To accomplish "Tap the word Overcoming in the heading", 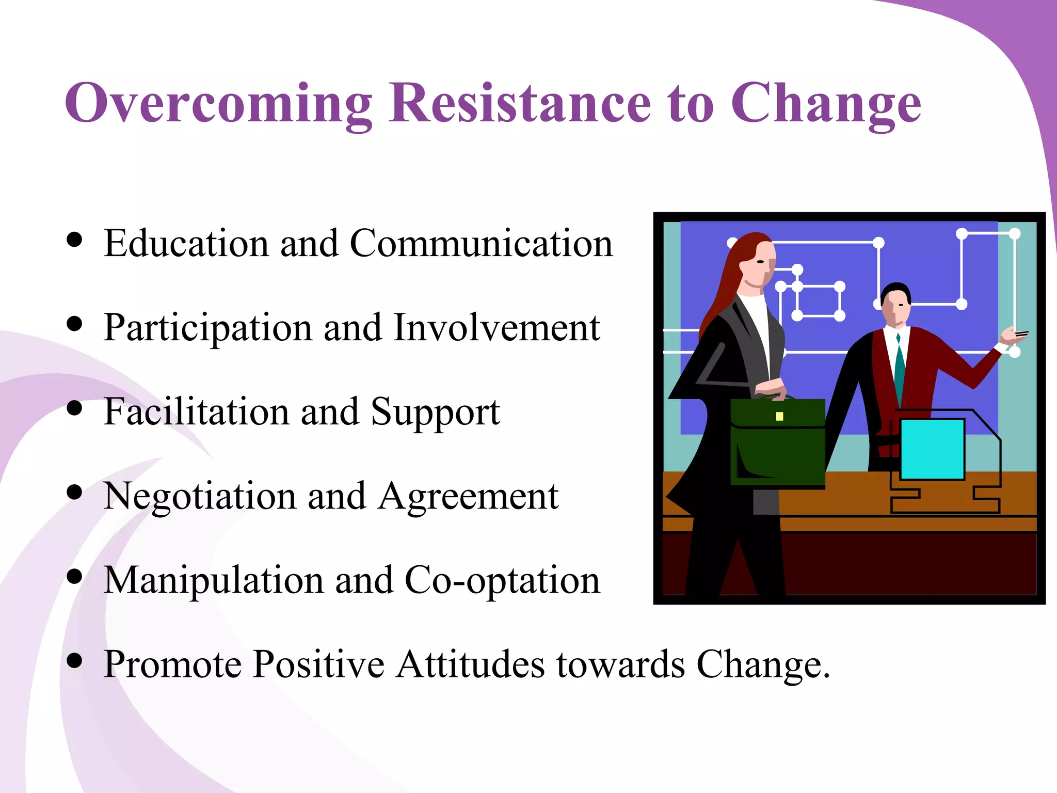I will click(x=218, y=103).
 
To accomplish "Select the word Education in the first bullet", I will click(x=186, y=243).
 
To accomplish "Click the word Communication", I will click(x=481, y=243).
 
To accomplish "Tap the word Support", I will click(x=435, y=413).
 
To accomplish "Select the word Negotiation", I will click(x=200, y=497).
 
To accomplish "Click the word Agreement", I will click(x=468, y=497).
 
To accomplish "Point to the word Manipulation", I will click(x=213, y=580).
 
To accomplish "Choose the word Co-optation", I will click(x=502, y=581).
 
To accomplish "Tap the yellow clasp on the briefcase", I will click(x=779, y=416).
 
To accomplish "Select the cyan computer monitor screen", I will click(x=932, y=449).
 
